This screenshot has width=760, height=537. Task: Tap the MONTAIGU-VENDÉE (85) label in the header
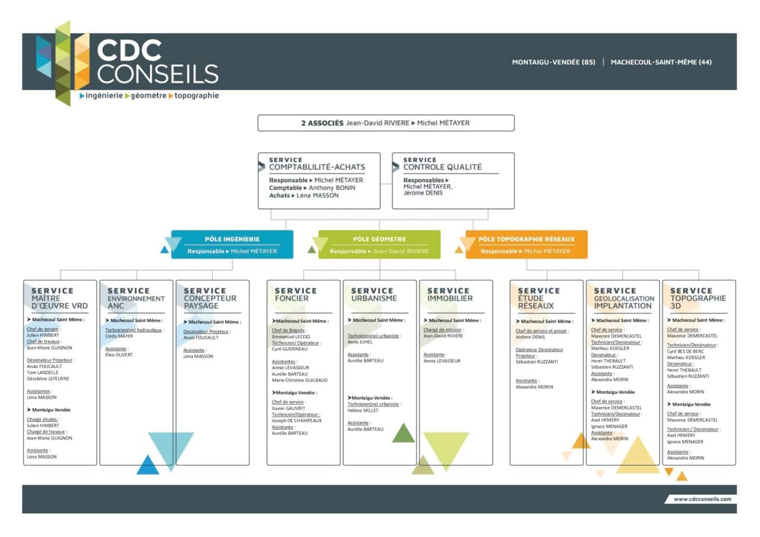553,62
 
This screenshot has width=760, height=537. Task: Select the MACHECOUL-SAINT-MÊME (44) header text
661,62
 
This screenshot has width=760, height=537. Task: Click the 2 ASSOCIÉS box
385,123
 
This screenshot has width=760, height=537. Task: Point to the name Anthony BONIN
332,188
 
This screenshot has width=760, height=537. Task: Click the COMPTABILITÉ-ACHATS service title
316,167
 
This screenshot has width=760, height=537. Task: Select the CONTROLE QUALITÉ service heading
442,167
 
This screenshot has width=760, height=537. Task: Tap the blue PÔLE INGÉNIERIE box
232,244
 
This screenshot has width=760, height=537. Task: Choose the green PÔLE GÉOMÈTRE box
379,244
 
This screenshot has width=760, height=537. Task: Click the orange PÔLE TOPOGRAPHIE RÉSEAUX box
526,244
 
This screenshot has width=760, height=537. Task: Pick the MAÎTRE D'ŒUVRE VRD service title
59,302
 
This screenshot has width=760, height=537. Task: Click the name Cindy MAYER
119,336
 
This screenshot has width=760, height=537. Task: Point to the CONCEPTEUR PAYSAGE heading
210,302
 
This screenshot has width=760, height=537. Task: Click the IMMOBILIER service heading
449,298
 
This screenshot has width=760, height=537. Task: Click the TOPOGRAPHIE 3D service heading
698,302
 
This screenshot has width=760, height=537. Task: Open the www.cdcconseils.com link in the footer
702,499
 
